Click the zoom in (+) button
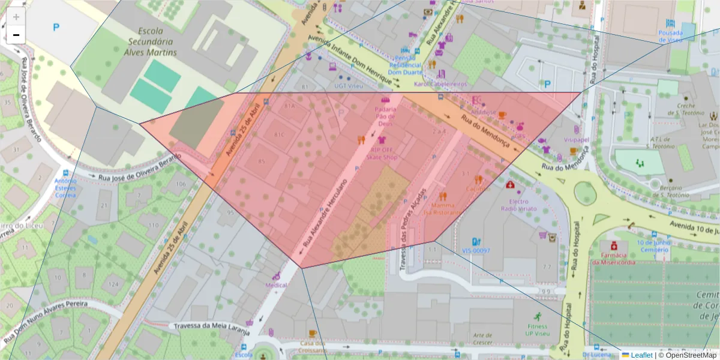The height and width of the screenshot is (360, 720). tap(16, 17)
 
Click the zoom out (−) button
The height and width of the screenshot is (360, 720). tap(16, 35)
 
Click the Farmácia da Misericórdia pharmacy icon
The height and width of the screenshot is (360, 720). tap(614, 246)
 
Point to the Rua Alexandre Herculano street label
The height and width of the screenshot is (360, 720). tap(326, 204)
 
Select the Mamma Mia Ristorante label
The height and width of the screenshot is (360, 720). tap(443, 208)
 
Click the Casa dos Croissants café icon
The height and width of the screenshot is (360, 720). tap(312, 334)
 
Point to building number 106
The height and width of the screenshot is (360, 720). tap(180, 184)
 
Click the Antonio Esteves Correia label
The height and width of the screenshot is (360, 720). tap(65, 187)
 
